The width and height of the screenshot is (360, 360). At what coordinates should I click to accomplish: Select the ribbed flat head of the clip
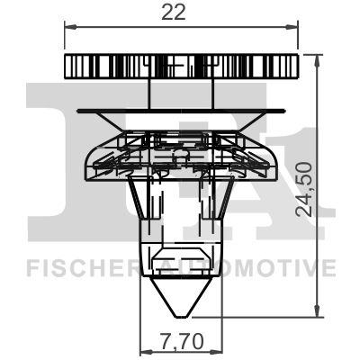point(182,67)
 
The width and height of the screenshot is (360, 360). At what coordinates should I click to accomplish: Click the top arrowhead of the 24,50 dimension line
point(318,58)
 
